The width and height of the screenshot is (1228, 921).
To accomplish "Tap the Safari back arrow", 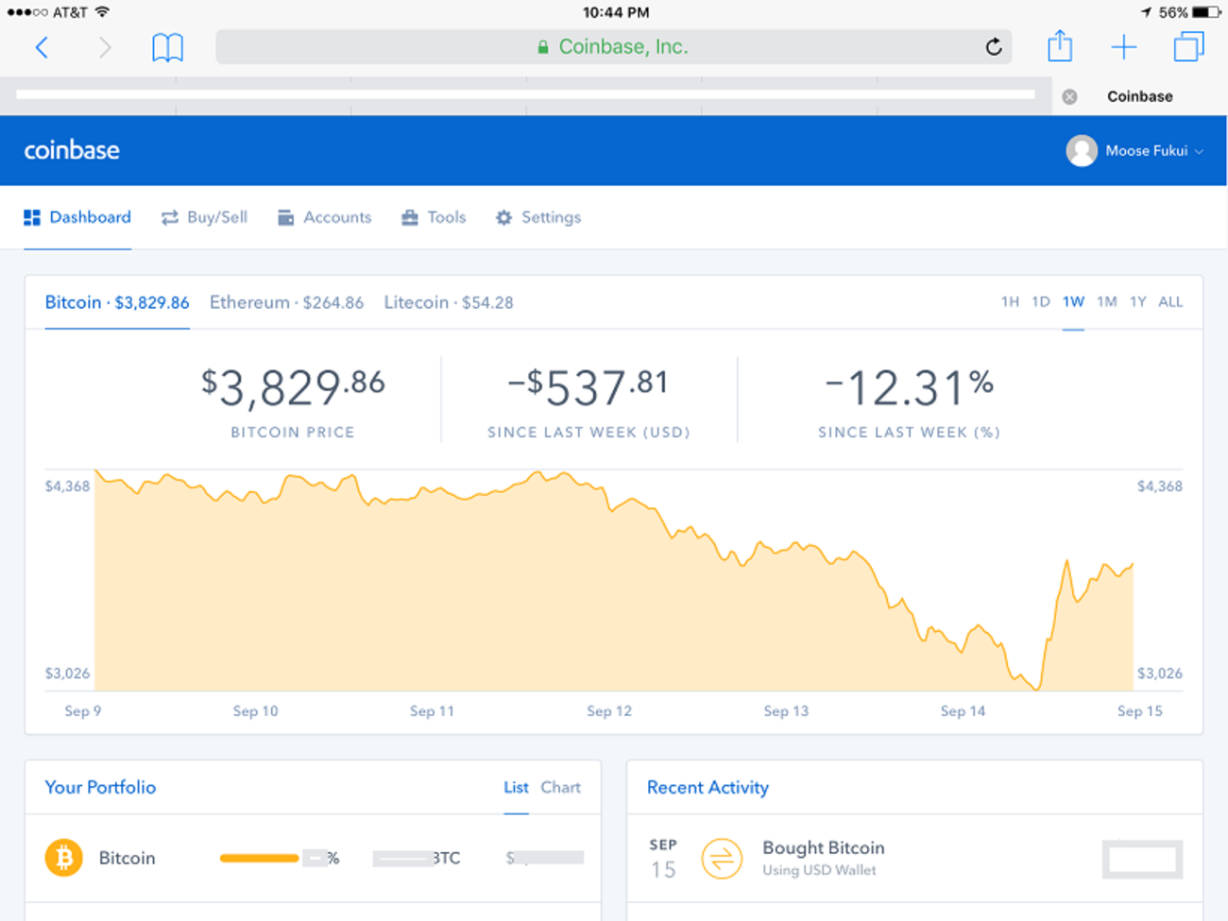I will (42, 47).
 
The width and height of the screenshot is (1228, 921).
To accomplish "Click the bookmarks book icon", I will (167, 47).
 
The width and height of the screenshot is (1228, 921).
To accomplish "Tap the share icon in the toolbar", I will (1060, 46).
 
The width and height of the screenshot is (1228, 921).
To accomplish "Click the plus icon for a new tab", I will (1124, 47).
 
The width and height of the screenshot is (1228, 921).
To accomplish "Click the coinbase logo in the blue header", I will (72, 150).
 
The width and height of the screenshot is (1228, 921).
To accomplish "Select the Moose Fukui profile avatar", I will (1082, 151).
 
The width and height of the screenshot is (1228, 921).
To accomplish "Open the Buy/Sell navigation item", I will (205, 217).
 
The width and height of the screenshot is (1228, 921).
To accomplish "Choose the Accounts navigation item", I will (325, 217).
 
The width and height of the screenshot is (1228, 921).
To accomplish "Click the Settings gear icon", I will (504, 218).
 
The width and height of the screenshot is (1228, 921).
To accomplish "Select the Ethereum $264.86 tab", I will (286, 302).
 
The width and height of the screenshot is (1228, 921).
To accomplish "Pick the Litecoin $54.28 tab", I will (449, 302).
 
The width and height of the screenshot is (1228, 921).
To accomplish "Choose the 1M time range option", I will (1107, 302).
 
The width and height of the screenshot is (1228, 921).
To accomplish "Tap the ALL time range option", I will (1170, 302).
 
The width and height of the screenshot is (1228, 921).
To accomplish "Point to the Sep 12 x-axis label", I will (609, 711).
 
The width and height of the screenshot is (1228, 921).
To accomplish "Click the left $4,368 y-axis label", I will (68, 486).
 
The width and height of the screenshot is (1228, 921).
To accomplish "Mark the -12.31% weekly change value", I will (909, 387).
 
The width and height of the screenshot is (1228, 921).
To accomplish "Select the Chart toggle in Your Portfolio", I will (560, 788).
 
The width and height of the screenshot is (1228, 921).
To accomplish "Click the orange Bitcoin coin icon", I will (64, 858).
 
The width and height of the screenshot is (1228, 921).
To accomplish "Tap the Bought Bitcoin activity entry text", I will (823, 848).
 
